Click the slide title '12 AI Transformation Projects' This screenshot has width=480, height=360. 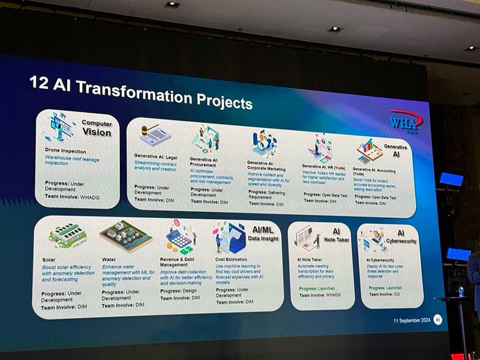[x=140, y=94]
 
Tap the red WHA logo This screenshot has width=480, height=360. [x=405, y=121]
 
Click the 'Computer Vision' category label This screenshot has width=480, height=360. [x=97, y=127]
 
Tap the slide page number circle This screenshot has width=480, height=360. [x=437, y=319]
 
